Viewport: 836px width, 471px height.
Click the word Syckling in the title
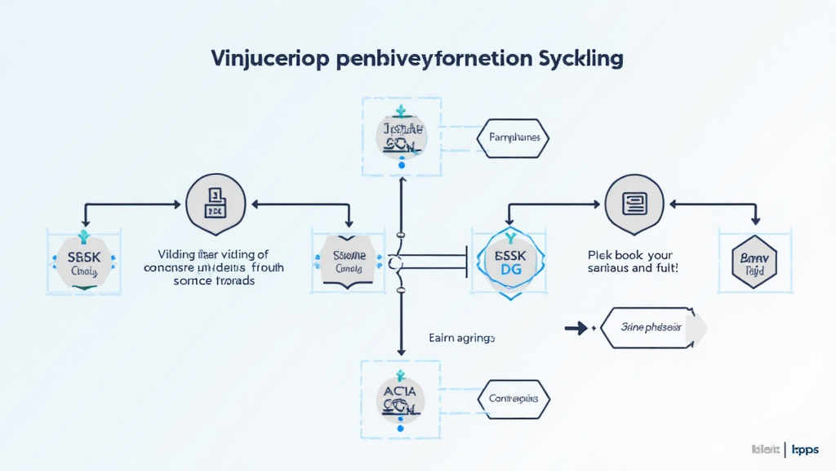[x=580, y=60]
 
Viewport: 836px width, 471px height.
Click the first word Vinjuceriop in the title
[x=263, y=60]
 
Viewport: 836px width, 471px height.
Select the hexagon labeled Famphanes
[x=514, y=138]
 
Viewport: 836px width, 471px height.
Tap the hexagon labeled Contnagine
[x=514, y=399]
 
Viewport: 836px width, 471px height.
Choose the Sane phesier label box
[x=652, y=329]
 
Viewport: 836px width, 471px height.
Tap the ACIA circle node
[x=401, y=399]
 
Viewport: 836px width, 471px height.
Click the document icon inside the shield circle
[x=216, y=201]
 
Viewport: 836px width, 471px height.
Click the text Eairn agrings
[x=461, y=337]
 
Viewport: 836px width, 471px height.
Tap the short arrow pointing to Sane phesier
[x=576, y=329]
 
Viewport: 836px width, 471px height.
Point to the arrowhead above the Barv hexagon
[x=756, y=220]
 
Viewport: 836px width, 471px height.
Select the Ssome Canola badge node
[x=348, y=261]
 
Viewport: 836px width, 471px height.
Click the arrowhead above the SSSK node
[x=84, y=221]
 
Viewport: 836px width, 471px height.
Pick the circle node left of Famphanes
[x=401, y=137]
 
